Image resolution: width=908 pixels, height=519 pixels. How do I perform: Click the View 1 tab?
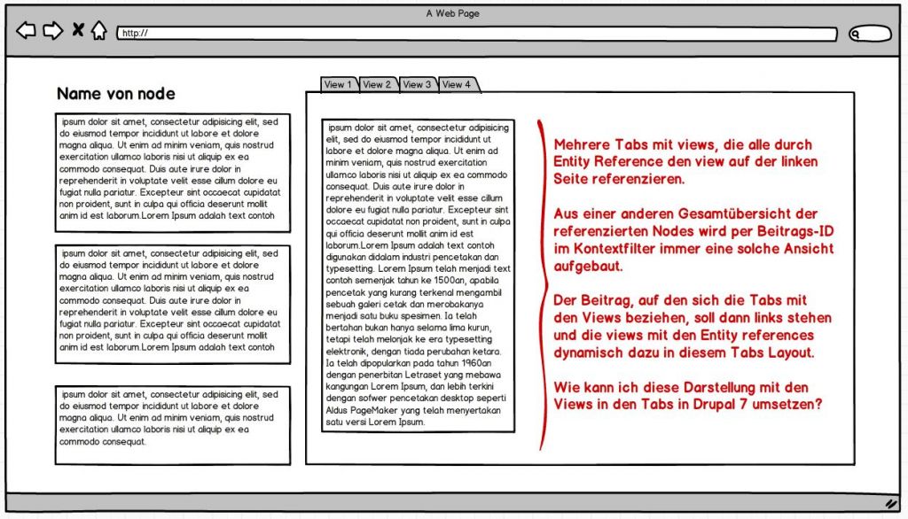click(338, 85)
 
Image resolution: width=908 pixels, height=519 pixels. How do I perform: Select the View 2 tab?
click(378, 85)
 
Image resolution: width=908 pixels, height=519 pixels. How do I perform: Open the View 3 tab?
click(418, 85)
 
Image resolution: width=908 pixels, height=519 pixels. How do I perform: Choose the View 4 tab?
click(458, 85)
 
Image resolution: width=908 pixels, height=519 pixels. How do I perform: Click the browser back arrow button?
click(27, 31)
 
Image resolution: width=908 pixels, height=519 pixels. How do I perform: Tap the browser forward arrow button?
click(53, 31)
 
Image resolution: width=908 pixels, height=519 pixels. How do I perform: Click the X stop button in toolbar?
click(78, 31)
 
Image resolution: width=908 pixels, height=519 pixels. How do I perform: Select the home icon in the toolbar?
click(99, 31)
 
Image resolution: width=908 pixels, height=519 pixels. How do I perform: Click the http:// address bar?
click(477, 34)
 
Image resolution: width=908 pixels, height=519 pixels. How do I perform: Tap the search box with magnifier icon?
click(869, 34)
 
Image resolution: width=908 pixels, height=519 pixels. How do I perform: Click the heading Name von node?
click(115, 94)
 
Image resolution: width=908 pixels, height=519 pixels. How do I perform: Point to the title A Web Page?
click(453, 12)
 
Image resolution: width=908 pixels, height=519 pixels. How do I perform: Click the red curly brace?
click(542, 283)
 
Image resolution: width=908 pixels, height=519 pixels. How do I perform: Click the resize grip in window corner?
click(891, 503)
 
